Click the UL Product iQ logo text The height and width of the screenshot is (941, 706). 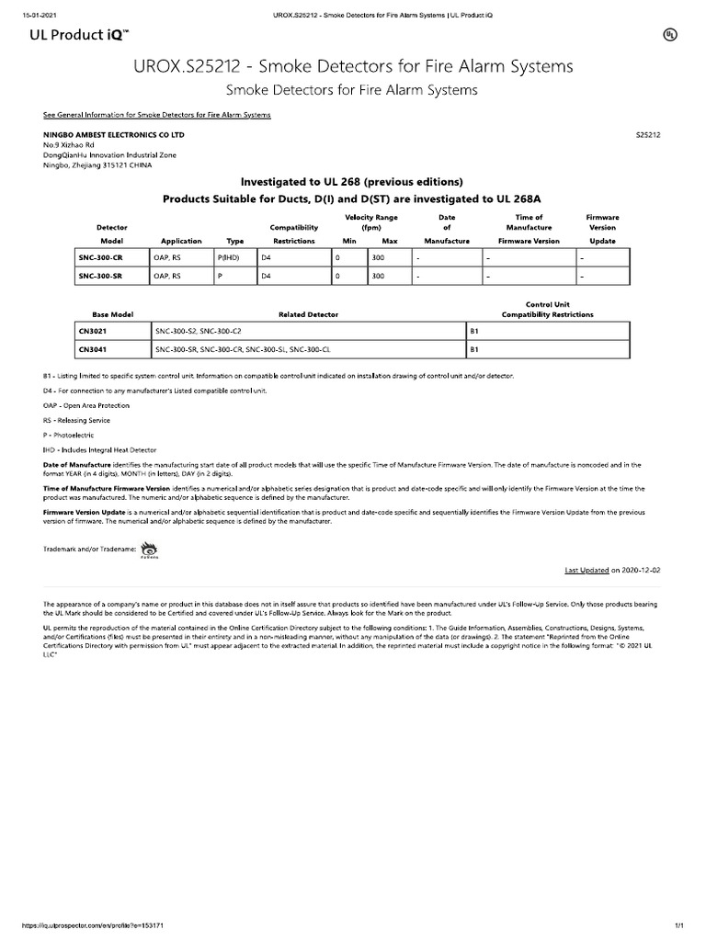point(82,34)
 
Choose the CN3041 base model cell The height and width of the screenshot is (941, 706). point(93,349)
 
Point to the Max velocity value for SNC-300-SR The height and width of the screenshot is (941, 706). point(377,275)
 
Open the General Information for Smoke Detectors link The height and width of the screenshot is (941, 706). point(157,115)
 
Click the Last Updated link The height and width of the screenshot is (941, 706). point(586,570)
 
